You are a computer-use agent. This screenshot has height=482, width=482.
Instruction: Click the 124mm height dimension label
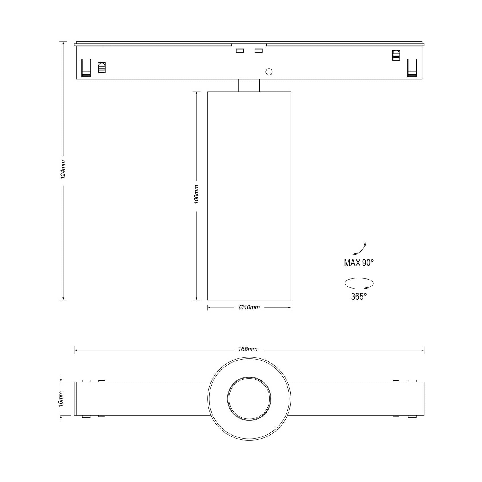point(63,169)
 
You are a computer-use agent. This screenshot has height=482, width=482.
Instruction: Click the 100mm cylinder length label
point(196,194)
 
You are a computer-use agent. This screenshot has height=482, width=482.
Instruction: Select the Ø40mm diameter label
point(249,307)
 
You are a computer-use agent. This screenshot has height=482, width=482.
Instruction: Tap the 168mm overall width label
point(248,349)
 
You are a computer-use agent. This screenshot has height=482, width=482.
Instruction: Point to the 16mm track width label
point(61,399)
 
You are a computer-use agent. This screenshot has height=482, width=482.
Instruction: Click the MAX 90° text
point(359,263)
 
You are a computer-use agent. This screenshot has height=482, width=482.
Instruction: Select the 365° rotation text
point(359,297)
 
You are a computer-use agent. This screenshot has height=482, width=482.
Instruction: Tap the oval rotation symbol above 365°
point(359,283)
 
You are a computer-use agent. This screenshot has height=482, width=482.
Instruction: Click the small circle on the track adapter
point(269,72)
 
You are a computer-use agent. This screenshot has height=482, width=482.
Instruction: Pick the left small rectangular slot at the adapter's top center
point(240,51)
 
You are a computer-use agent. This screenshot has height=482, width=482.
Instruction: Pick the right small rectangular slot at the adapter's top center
point(259,51)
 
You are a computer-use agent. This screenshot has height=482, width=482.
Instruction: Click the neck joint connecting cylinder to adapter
point(249,85)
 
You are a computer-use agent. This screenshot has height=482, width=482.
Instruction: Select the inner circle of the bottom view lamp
point(249,399)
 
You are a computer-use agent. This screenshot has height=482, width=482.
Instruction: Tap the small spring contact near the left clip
point(102,67)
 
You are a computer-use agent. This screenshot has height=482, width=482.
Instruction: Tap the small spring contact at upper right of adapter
point(396,55)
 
